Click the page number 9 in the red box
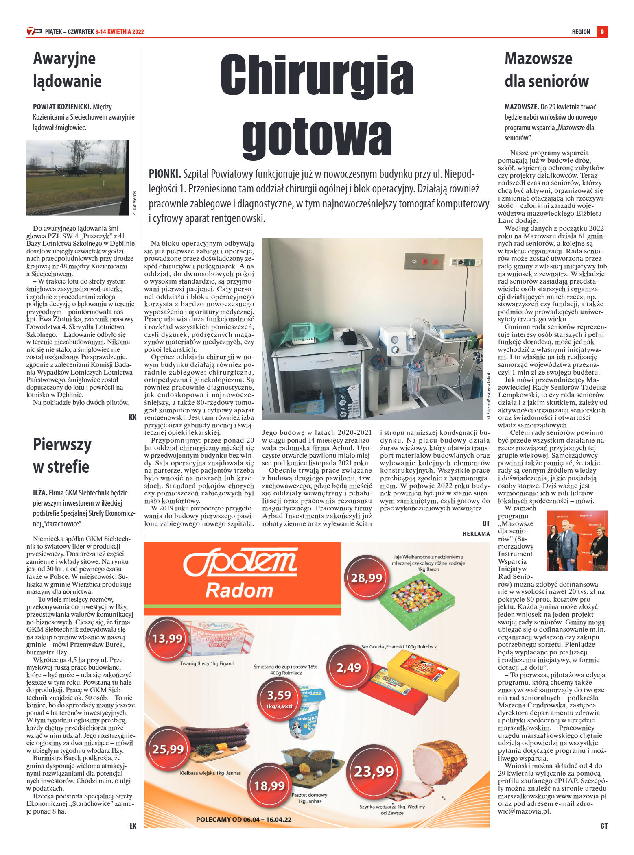tap(601, 32)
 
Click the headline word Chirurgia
tap(317, 76)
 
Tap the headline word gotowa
tap(317, 135)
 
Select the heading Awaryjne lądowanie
tap(67, 70)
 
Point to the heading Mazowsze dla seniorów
tap(546, 70)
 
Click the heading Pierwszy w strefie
tap(62, 455)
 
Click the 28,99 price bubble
tap(366, 578)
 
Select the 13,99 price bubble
tap(167, 638)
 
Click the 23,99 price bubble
tap(374, 771)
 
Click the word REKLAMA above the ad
tap(476, 534)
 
